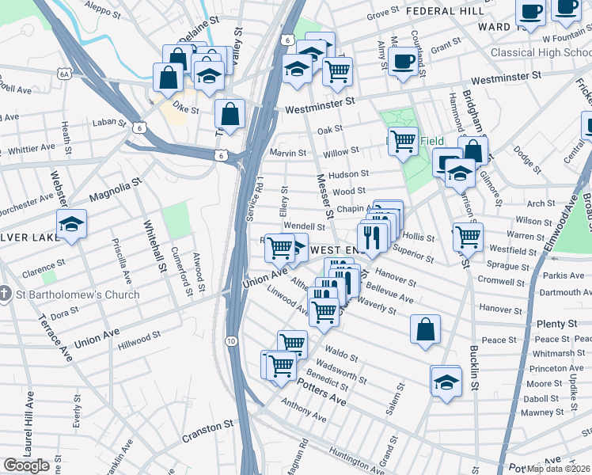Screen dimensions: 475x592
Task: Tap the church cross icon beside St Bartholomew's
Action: click(6, 294)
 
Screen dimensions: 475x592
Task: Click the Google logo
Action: click(27, 465)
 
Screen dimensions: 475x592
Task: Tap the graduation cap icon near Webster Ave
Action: click(71, 225)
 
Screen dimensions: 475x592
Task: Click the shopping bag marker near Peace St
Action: click(425, 330)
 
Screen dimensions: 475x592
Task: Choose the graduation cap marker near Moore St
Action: click(446, 381)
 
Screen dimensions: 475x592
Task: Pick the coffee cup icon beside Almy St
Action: click(403, 61)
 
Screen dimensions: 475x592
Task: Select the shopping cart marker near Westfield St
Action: click(468, 236)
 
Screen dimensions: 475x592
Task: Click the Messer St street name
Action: click(324, 196)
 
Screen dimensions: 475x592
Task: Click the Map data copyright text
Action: click(559, 468)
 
